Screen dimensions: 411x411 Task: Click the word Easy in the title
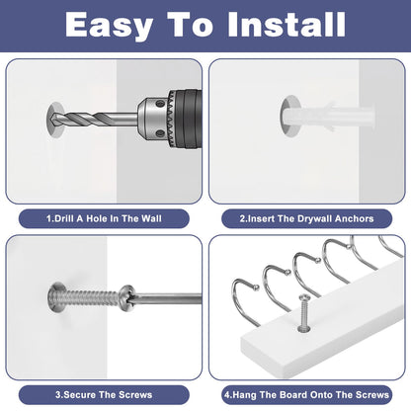coord(109,26)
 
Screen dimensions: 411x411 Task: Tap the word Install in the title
coord(287,24)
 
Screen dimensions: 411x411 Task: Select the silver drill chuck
coord(154,119)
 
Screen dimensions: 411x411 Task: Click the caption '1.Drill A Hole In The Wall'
coord(104,218)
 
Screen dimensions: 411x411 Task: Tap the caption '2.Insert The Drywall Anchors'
coord(306,218)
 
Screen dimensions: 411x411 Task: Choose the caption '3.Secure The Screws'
coord(104,394)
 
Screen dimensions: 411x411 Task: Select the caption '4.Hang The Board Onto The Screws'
coord(306,394)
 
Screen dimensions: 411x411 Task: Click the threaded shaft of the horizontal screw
coord(90,296)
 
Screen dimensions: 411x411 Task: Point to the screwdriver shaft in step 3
coord(168,298)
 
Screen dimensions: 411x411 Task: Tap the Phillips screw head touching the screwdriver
coord(127,297)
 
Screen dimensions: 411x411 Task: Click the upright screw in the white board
coord(304,313)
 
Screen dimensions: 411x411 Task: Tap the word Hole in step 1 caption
coord(98,218)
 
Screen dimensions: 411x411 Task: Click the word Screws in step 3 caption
coord(135,394)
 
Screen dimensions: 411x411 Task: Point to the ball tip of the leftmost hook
coord(256,288)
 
